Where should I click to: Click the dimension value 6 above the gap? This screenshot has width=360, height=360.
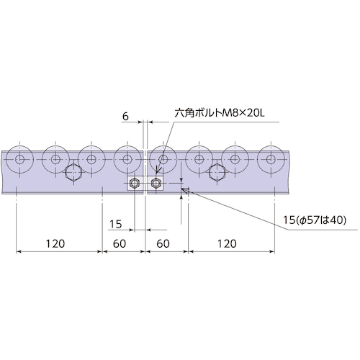click(125, 117)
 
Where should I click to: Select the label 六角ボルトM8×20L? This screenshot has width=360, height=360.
click(220, 113)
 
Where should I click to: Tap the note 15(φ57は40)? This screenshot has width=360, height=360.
click(315, 220)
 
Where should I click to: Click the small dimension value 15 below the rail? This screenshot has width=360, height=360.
click(116, 224)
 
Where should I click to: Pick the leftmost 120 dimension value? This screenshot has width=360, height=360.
click(55, 244)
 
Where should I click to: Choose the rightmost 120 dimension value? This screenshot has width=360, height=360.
click(227, 244)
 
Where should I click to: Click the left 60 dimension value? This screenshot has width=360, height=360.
click(120, 244)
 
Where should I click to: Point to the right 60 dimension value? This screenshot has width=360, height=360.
click(163, 244)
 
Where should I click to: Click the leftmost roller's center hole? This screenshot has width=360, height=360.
click(19, 159)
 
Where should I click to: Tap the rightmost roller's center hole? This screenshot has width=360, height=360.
click(271, 159)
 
